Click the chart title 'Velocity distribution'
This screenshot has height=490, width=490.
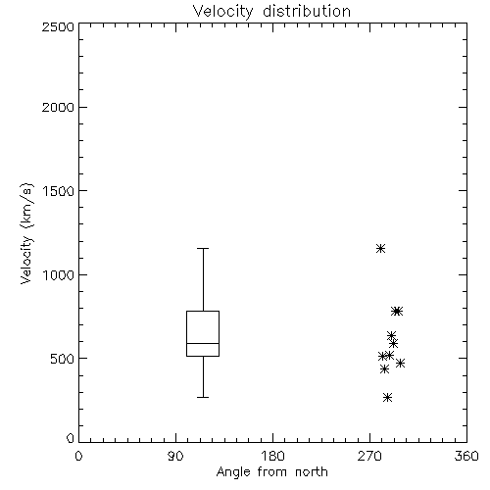[x=271, y=11]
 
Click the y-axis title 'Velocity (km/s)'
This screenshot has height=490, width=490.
[x=26, y=233]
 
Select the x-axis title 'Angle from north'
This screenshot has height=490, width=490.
[x=272, y=472]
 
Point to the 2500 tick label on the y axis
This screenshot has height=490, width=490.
[x=59, y=26]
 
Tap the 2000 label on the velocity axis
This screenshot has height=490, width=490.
[x=59, y=107]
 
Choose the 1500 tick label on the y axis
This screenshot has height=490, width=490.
[x=59, y=191]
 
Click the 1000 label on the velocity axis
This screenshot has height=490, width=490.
[x=59, y=274]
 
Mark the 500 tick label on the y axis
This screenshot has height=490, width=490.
[x=63, y=359]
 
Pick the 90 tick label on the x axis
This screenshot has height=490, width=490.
[x=175, y=456]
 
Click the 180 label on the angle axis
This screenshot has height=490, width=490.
[x=272, y=456]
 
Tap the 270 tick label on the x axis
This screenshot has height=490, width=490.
[x=369, y=456]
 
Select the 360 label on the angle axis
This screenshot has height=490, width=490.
[x=466, y=456]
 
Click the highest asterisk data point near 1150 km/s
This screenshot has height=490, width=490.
[x=380, y=249]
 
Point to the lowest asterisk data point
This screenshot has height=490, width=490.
[x=387, y=398]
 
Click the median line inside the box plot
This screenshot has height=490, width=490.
[x=203, y=343]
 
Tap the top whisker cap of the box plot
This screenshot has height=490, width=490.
[x=203, y=249]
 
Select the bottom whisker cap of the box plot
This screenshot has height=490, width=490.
[x=203, y=398]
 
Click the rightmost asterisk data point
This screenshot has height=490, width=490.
[x=400, y=363]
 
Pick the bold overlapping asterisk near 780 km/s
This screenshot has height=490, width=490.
[x=397, y=312]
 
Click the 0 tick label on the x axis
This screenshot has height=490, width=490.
[x=78, y=456]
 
